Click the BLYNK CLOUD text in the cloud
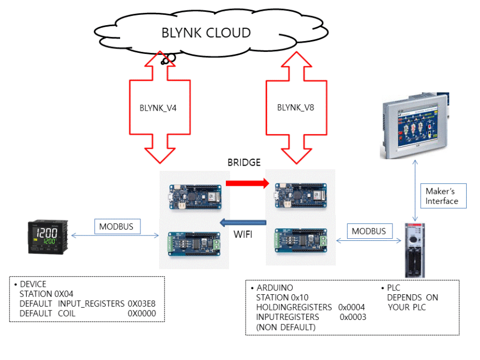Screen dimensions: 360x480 tap(206, 33)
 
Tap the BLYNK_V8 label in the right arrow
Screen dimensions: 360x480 tap(295, 107)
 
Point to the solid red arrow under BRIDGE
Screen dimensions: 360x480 tap(247, 184)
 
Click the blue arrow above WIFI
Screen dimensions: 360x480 tap(244, 222)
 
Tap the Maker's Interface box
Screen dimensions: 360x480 tap(442, 196)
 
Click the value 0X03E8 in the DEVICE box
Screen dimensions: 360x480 tap(141, 303)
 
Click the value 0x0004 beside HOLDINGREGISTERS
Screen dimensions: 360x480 tap(351, 307)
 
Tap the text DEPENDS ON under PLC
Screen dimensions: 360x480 tap(412, 298)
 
